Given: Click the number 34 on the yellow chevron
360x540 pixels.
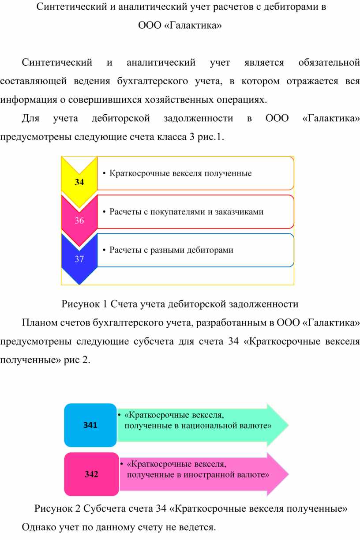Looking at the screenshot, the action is (79, 182).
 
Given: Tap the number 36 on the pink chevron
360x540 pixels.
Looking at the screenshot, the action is (79, 220).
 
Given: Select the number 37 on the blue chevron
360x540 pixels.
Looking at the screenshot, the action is (79, 259).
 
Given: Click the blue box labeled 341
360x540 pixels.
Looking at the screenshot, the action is (90, 425).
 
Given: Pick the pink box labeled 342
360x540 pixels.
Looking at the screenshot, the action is (92, 474).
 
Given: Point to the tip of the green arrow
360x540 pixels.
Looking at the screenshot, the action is (289, 425).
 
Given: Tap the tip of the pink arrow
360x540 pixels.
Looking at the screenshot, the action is (289, 474).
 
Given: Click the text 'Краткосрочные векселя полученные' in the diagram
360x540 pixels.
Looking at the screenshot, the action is (180, 173).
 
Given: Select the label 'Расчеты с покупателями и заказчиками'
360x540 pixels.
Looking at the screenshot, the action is (186, 212).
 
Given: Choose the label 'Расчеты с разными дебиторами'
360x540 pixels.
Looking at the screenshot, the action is (172, 250).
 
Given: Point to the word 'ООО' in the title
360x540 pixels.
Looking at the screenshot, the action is (150, 25).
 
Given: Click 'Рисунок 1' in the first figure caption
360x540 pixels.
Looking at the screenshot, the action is (84, 304).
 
